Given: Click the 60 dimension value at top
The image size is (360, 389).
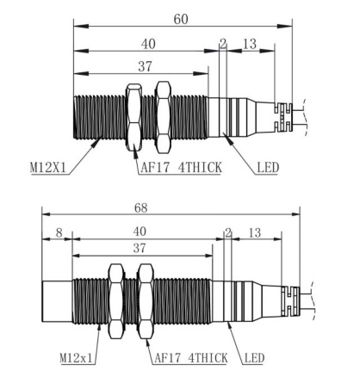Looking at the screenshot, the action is pyautogui.click(x=181, y=19).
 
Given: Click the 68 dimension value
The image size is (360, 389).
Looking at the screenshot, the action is pyautogui.click(x=141, y=208).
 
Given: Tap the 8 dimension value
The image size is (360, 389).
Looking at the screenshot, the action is pyautogui.click(x=59, y=232).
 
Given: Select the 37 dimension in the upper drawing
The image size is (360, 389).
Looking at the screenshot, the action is pyautogui.click(x=145, y=66).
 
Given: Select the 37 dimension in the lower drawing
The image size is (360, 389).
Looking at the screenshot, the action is pyautogui.click(x=140, y=248).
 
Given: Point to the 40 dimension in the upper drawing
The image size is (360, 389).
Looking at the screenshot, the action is pyautogui.click(x=148, y=44).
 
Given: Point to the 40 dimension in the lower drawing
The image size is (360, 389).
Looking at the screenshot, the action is pyautogui.click(x=140, y=232).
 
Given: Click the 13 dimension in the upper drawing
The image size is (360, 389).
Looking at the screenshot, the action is pyautogui.click(x=250, y=44).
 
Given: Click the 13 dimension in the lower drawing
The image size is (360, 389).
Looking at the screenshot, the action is pyautogui.click(x=255, y=232).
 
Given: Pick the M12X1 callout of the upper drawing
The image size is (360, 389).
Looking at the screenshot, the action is pyautogui.click(x=48, y=168).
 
